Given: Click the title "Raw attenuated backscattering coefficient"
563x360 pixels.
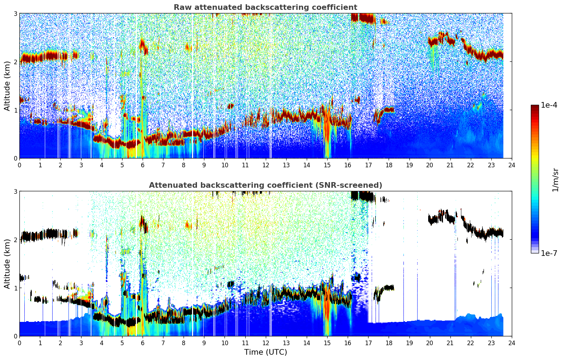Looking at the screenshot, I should pyautogui.click(x=265, y=7).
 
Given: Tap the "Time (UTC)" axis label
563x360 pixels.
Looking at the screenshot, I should pyautogui.click(x=265, y=352).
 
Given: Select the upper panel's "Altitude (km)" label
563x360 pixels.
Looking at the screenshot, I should pyautogui.click(x=7, y=86).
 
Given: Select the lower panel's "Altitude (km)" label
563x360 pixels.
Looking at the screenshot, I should pyautogui.click(x=7, y=264).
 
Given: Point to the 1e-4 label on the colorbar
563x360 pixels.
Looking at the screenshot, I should pyautogui.click(x=549, y=105).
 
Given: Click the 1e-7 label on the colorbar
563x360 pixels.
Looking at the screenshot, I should pyautogui.click(x=549, y=253).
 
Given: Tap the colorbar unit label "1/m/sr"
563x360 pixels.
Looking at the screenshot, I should pyautogui.click(x=555, y=180).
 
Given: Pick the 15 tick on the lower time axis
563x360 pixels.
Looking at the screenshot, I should pyautogui.click(x=327, y=343).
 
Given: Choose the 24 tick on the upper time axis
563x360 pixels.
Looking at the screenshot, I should pyautogui.click(x=512, y=165).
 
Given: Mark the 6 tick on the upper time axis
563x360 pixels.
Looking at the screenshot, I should pyautogui.click(x=143, y=165).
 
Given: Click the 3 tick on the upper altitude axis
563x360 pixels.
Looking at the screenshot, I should pyautogui.click(x=15, y=13).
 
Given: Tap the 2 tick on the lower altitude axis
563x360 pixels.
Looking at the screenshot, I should pyautogui.click(x=15, y=240).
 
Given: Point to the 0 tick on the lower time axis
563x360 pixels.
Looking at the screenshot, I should pyautogui.click(x=19, y=343).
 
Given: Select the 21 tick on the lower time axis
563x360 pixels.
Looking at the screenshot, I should pyautogui.click(x=450, y=343).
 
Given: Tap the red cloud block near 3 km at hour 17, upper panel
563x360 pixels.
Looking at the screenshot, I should pyautogui.click(x=364, y=18).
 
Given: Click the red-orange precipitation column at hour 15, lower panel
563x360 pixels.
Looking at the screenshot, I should pyautogui.click(x=327, y=311).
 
